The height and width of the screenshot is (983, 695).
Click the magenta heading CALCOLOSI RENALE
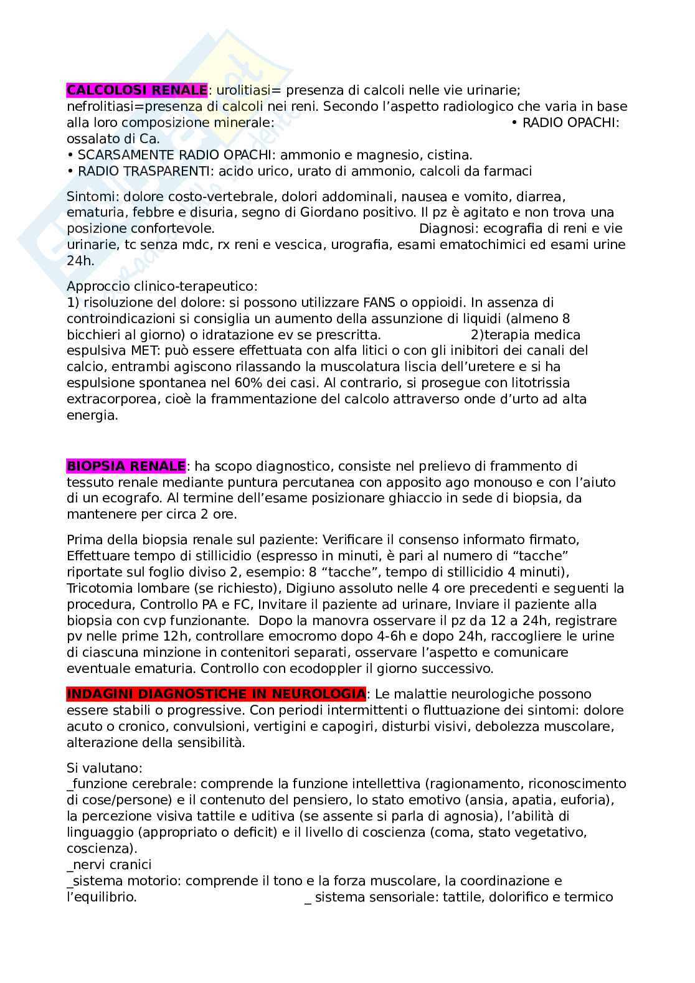[x=137, y=90]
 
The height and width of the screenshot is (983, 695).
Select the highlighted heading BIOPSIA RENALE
[x=126, y=466]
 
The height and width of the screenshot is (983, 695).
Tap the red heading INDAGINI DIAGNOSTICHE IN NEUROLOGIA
[x=216, y=694]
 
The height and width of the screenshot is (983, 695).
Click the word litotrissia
[x=534, y=383]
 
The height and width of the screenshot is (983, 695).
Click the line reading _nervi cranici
[x=109, y=865]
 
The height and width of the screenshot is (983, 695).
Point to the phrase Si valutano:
[x=96, y=768]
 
